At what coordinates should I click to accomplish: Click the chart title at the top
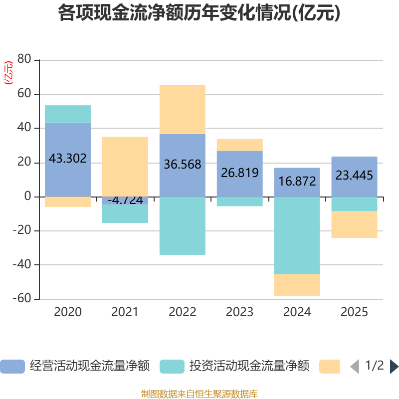pyautogui.click(x=199, y=13)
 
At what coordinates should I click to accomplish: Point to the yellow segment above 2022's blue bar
pyautogui.click(x=182, y=109)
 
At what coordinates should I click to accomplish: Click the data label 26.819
pyautogui.click(x=239, y=173)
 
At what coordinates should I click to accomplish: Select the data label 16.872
pyautogui.click(x=297, y=181)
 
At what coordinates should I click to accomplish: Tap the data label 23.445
pyautogui.click(x=354, y=176)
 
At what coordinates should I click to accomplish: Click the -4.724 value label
pyautogui.click(x=125, y=200)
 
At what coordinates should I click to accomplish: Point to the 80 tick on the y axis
pyautogui.click(x=24, y=60)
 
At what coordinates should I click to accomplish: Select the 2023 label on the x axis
pyautogui.click(x=239, y=313)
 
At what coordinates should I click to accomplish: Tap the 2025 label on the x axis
pyautogui.click(x=354, y=313)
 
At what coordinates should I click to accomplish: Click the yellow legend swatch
pyautogui.click(x=330, y=367)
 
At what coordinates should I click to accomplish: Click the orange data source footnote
pyautogui.click(x=199, y=394)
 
